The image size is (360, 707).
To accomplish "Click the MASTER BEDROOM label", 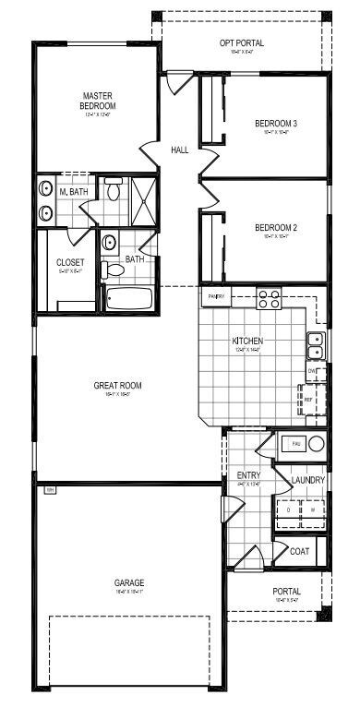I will pyautogui.click(x=97, y=101).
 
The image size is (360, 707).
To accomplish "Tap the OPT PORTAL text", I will pyautogui.click(x=242, y=42).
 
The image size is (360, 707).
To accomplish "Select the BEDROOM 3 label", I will pyautogui.click(x=276, y=123).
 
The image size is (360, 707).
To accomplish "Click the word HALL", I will pyautogui.click(x=180, y=150).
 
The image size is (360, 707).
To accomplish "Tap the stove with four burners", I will pyautogui.click(x=269, y=298).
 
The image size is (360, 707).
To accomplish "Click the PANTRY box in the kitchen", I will pyautogui.click(x=216, y=296).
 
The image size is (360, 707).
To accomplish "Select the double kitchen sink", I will pyautogui.click(x=315, y=345).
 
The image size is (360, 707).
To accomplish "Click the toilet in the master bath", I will pyautogui.click(x=113, y=191).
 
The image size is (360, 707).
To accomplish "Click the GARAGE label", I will pyautogui.click(x=128, y=582).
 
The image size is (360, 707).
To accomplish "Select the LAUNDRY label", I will pyautogui.click(x=307, y=480).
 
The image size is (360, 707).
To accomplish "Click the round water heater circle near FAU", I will pyautogui.click(x=317, y=444).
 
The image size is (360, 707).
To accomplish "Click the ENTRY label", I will pyautogui.click(x=248, y=475).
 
